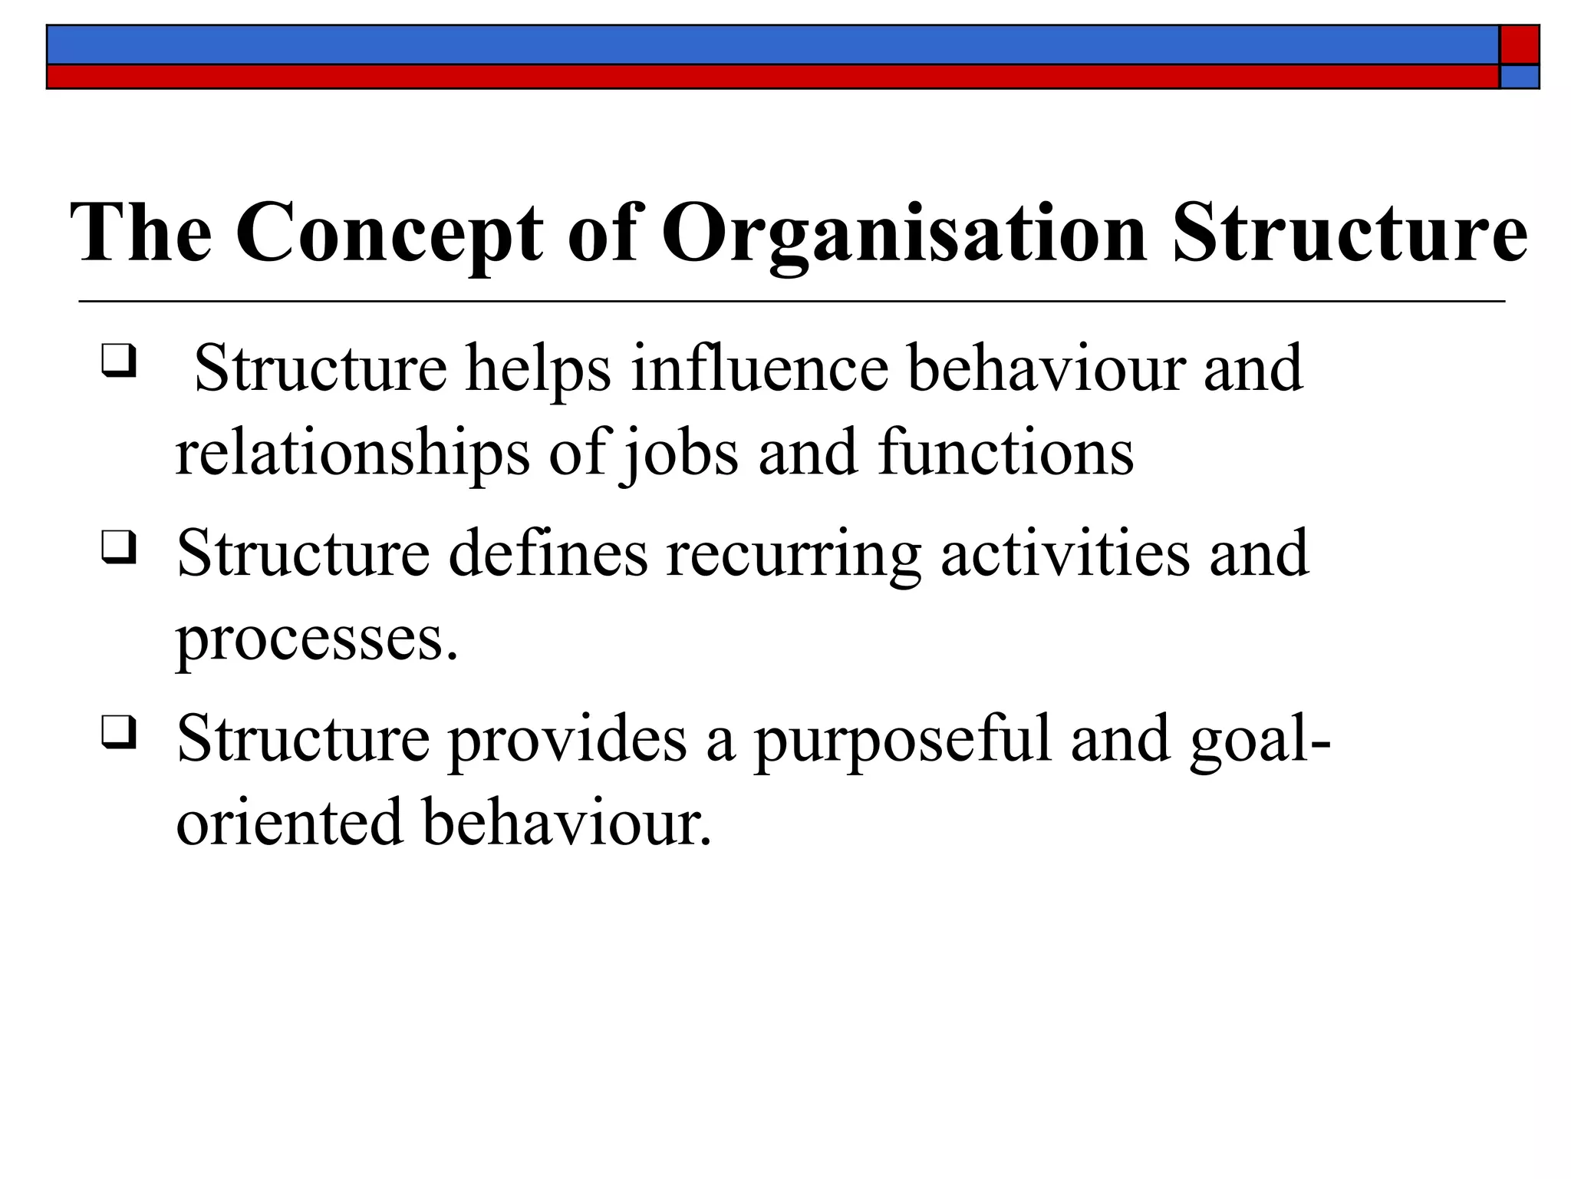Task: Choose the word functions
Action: [1006, 453]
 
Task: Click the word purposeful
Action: [901, 738]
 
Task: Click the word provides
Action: [567, 738]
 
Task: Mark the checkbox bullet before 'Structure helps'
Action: [118, 358]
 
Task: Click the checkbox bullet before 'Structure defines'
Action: [118, 547]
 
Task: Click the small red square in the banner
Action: [1520, 45]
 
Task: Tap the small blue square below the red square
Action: [1520, 77]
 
